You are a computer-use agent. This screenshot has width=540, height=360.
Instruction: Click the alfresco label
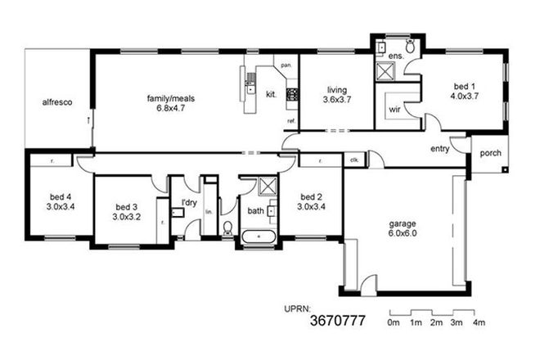coord(58,102)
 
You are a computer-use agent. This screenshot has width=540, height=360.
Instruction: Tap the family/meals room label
coord(170,98)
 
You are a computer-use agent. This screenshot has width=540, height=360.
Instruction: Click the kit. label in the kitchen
coord(272,94)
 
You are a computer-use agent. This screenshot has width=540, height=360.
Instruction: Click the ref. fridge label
coord(290,121)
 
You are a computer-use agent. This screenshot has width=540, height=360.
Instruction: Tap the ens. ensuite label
coord(394,55)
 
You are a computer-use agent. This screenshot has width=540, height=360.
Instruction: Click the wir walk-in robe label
coord(393,108)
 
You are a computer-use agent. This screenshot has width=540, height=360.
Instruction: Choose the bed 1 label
coord(462,83)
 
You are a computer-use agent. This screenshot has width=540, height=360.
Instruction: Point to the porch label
coord(490,153)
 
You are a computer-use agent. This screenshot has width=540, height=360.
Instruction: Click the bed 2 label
coord(308,197)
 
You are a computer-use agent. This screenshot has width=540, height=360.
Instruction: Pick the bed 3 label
coord(124,207)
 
